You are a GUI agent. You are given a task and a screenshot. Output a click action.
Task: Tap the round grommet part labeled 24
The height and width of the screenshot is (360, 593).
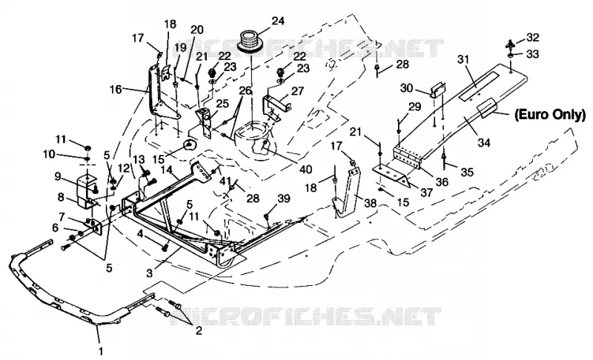[251, 41]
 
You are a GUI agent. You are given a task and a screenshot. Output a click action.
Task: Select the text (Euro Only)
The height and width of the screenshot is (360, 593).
[549, 115]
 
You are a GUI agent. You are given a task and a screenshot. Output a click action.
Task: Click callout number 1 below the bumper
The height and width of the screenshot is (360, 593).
[101, 351]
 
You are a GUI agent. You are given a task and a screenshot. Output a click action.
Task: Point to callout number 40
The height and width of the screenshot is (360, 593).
[305, 169]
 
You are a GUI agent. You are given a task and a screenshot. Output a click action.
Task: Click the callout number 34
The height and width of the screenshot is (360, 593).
[484, 142]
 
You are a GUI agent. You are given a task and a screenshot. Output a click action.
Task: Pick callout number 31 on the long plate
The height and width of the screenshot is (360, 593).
[463, 59]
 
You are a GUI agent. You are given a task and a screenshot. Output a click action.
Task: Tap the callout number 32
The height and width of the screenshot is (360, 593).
[532, 37]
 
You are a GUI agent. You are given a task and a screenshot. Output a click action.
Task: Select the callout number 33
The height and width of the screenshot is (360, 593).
[532, 54]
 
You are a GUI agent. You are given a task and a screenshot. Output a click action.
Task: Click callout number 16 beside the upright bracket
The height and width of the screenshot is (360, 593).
[116, 90]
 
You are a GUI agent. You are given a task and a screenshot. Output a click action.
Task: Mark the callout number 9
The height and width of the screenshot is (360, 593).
[58, 176]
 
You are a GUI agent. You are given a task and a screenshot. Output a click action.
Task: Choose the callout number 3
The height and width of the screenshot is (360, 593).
[150, 273]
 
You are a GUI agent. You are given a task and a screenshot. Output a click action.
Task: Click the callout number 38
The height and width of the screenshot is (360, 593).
[370, 203]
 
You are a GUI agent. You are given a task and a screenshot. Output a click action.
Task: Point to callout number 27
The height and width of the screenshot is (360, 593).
[298, 91]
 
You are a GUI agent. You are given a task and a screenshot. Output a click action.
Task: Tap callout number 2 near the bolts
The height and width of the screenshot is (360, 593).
[199, 331]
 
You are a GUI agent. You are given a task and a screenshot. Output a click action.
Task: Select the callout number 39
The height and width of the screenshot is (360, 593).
[284, 199]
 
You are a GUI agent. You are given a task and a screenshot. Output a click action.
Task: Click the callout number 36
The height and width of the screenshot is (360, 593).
[442, 181]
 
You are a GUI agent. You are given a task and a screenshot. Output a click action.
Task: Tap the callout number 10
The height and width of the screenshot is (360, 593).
[49, 154]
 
